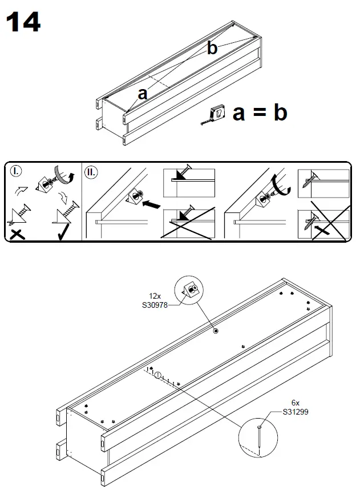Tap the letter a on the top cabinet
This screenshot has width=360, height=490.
coord(143,94)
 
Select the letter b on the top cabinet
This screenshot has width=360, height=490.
coord(212,49)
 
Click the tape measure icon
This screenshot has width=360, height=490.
coord(216,114)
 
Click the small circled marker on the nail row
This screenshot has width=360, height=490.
coord(159,375)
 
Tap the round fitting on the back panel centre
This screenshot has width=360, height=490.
coord(216,331)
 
